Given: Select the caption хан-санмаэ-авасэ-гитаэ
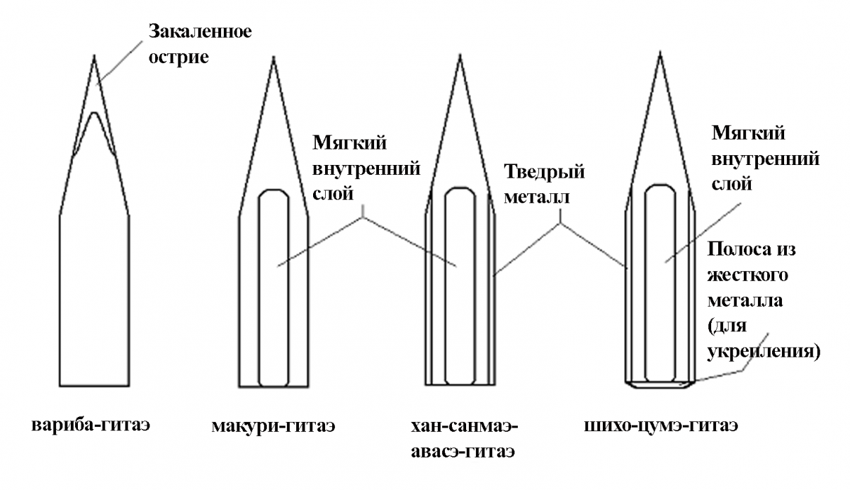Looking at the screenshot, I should (x=464, y=438).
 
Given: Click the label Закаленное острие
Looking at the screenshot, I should (x=200, y=44).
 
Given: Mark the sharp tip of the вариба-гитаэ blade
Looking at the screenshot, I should (x=93, y=55).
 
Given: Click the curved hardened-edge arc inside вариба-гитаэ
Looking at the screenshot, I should (x=93, y=116).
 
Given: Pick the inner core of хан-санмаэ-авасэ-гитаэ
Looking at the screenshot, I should (x=458, y=283).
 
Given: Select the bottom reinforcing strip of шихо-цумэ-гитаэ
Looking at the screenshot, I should (x=659, y=385).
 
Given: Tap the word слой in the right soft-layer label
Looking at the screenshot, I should (x=729, y=183).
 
